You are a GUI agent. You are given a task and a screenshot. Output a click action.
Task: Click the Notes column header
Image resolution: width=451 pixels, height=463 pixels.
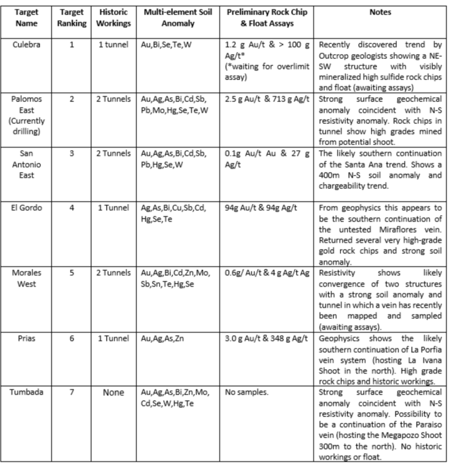[379, 12]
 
